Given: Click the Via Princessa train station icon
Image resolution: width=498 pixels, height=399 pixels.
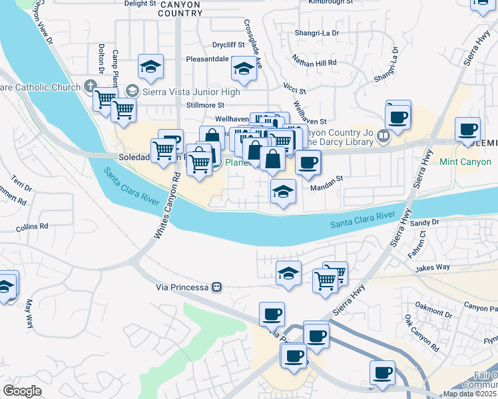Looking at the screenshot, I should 216,287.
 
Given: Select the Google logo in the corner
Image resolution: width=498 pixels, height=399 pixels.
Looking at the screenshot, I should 22,391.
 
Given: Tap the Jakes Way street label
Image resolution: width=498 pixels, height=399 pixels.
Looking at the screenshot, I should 433,268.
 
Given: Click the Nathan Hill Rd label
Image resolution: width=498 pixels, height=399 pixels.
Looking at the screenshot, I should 314,61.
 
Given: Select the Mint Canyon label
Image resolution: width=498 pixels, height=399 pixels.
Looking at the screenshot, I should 465,162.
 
